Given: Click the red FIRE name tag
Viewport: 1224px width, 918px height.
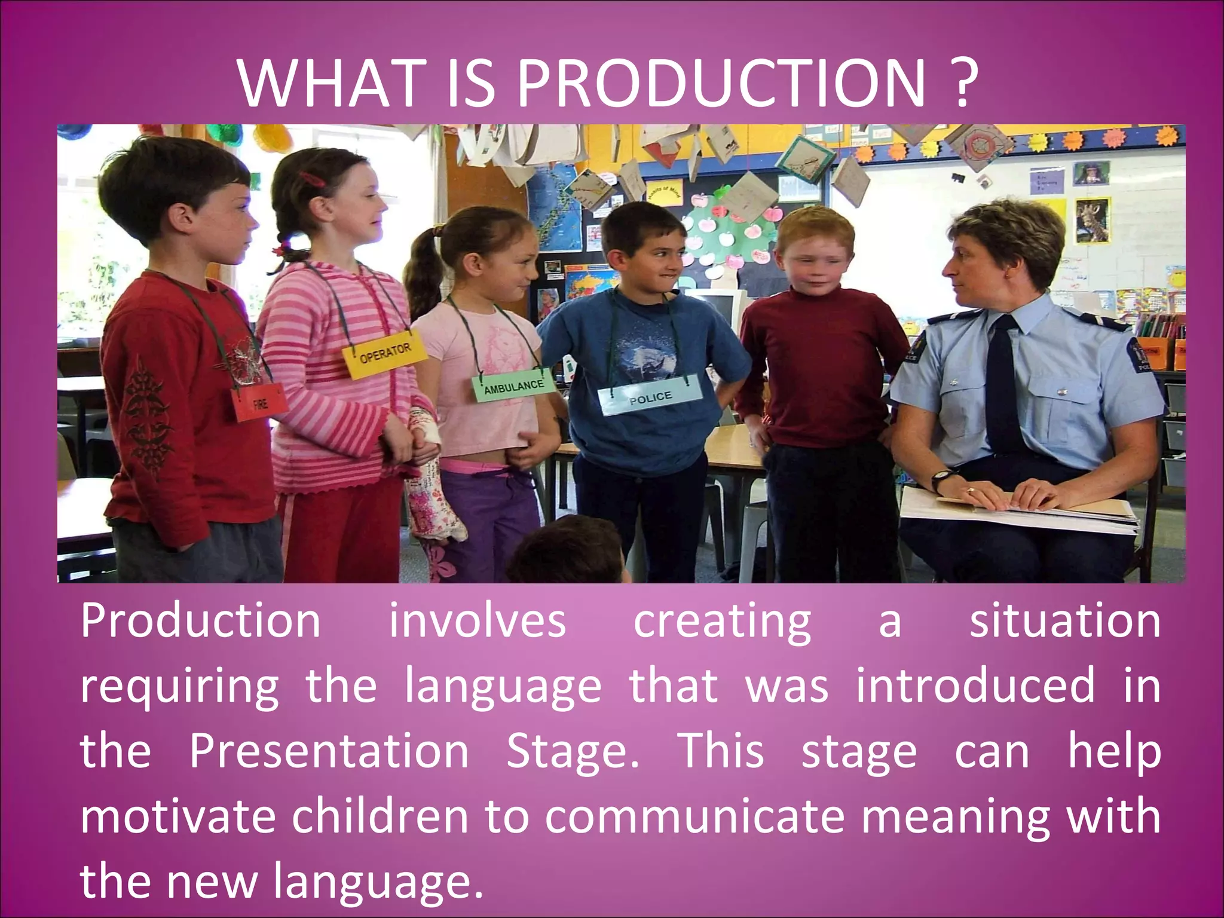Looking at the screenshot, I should pos(259,403).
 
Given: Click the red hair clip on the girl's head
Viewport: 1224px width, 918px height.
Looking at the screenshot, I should pos(311,178).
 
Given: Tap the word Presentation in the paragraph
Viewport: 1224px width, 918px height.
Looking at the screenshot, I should pos(329,751).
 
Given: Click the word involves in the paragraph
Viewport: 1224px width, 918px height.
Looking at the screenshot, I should pos(477,622).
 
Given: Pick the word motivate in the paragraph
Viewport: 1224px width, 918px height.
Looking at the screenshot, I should pos(178,816).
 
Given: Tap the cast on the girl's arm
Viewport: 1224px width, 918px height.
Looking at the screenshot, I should pos(433,478).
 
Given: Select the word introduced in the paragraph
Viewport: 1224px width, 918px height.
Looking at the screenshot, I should pos(975,686).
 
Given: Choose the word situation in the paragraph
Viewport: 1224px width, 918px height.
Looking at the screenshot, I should pos(1064,622).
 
